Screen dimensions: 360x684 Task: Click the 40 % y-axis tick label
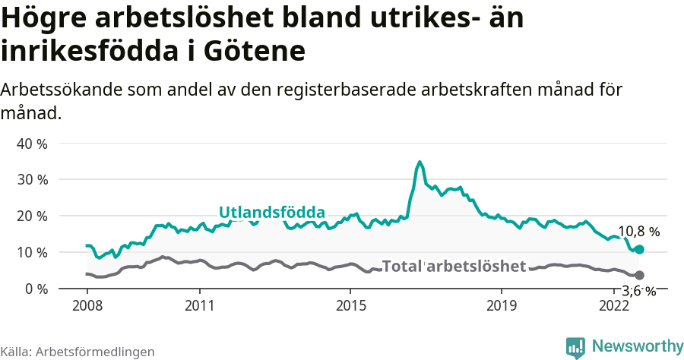[x=32, y=144]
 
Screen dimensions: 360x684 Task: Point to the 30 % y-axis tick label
[x=32, y=180]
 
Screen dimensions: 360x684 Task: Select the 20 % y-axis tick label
[x=32, y=216]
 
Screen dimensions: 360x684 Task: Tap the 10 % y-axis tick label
[x=32, y=252]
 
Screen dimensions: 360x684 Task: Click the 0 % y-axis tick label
[x=35, y=289]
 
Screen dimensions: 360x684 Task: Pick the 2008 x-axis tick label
[x=87, y=306]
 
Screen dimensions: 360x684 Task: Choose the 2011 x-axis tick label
[x=199, y=306]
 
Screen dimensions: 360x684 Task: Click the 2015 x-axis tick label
[x=350, y=306]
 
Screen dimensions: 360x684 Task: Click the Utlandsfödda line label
[x=272, y=213]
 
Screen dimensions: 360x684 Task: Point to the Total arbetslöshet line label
[x=454, y=266]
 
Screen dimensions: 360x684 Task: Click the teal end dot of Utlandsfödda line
[x=639, y=249]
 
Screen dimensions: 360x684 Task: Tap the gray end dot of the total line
[x=639, y=275]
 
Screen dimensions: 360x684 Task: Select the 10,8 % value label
[x=639, y=232]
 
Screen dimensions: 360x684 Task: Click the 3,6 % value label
[x=639, y=291]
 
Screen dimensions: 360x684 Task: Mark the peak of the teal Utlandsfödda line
[x=420, y=162]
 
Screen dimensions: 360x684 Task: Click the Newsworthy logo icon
[x=575, y=347]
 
